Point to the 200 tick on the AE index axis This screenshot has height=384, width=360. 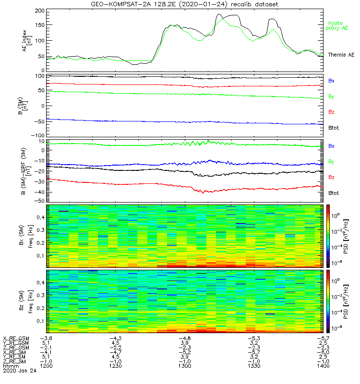click(38, 11)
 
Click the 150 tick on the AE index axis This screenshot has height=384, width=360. click(38, 25)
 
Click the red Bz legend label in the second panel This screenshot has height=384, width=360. click(331, 112)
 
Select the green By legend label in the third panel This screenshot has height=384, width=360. click(331, 161)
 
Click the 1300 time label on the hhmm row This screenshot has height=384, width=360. click(184, 366)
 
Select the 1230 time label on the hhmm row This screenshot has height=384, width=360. click(115, 366)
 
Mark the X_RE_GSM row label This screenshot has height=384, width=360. click(15, 338)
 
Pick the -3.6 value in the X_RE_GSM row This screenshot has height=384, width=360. click(46, 338)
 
